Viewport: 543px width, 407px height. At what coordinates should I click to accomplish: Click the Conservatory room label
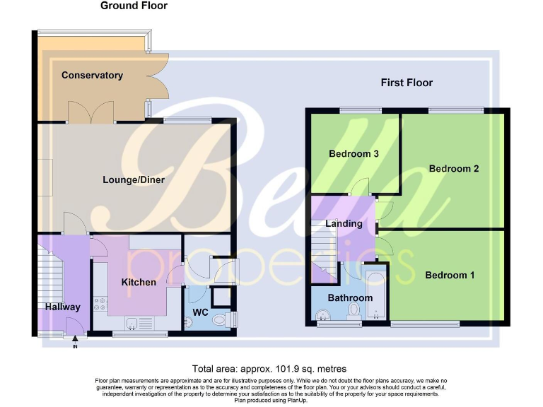tap(92, 76)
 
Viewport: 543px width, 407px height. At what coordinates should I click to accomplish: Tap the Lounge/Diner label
tap(134, 179)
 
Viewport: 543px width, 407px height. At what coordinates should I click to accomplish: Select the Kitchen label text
tap(139, 282)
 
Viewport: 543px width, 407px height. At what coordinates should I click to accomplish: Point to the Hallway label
tap(63, 307)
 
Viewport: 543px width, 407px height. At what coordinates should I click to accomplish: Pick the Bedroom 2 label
tap(454, 168)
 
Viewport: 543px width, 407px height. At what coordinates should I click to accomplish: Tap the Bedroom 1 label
tap(450, 275)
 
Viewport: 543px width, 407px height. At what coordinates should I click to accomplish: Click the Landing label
tap(344, 223)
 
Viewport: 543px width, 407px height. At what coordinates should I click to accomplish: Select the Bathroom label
tap(349, 297)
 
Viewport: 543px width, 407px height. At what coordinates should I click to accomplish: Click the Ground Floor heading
tap(134, 6)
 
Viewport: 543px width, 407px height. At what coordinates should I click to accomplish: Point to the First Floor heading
tap(407, 83)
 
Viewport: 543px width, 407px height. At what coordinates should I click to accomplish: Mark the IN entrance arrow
tap(74, 341)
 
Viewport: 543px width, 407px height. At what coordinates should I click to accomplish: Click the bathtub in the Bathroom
tap(375, 293)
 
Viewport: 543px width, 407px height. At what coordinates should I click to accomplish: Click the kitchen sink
tap(133, 324)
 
